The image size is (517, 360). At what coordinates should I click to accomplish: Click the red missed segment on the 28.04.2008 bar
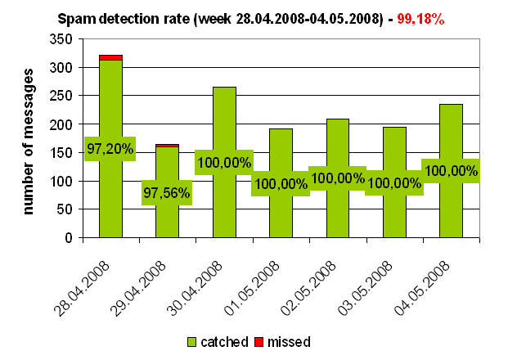110,57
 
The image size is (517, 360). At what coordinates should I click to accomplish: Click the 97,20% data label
110,148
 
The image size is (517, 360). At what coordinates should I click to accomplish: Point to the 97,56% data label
166,193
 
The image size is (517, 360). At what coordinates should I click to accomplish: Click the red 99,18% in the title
420,17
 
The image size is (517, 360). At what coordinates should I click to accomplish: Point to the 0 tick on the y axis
79,238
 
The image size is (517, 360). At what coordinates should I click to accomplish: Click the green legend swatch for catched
193,341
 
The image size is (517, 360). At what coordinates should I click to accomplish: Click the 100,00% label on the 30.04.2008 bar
223,162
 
